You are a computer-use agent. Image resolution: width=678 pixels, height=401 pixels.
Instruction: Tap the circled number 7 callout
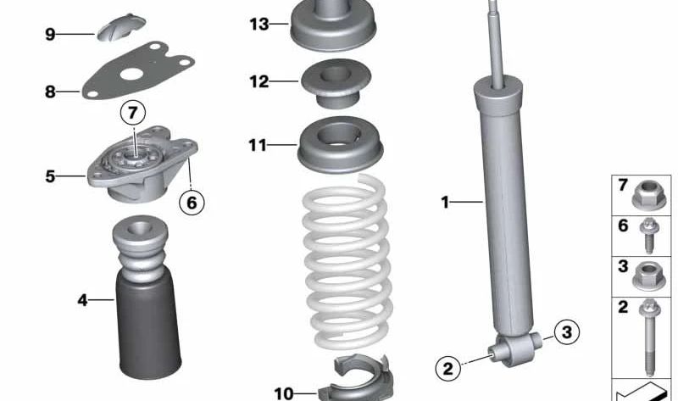tap(133, 113)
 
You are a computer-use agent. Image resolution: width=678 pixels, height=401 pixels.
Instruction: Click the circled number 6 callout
tap(192, 202)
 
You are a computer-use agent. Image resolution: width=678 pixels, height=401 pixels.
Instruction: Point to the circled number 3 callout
tap(566, 332)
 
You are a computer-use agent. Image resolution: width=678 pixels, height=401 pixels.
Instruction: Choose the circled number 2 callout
tap(448, 368)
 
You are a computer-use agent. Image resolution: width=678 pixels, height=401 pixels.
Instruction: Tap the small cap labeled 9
tap(120, 27)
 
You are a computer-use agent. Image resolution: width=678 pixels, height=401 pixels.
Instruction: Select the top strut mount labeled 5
tap(142, 164)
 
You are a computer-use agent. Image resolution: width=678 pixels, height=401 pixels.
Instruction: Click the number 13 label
tap(259, 25)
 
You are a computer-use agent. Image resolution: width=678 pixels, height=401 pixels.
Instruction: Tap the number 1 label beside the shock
tap(445, 202)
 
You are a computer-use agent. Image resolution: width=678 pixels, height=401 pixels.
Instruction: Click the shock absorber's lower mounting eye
tap(515, 349)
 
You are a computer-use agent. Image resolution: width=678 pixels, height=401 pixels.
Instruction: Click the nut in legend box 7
tap(648, 196)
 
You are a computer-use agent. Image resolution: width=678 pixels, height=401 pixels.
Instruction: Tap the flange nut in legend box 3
tap(648, 277)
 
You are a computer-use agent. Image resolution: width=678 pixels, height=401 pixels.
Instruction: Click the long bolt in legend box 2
tap(649, 337)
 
